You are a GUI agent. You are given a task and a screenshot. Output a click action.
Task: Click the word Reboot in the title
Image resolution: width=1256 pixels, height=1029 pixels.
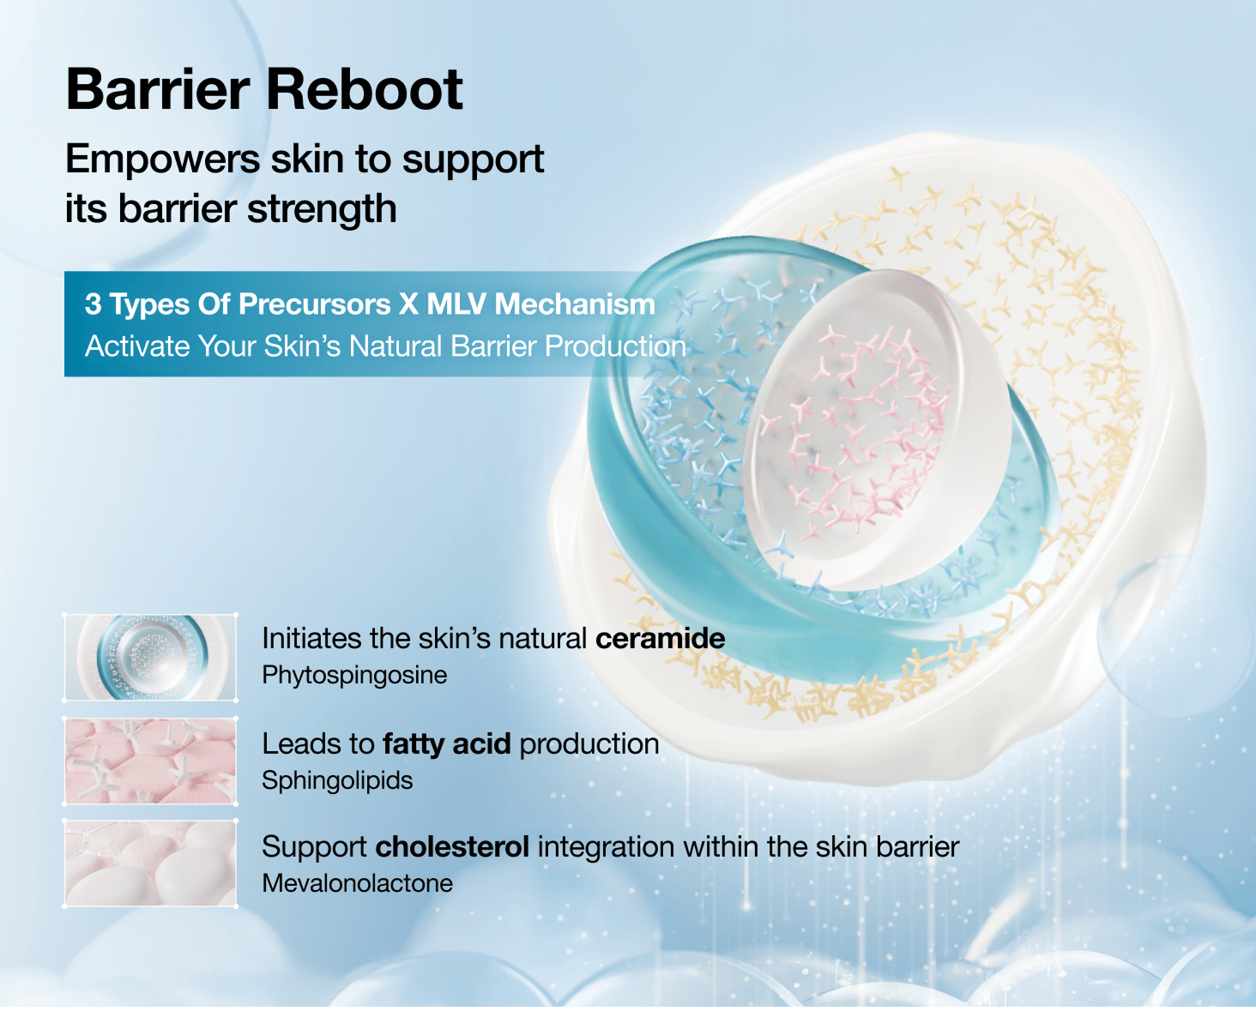pos(364,89)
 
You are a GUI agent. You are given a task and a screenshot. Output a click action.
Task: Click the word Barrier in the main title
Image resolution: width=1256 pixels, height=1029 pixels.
pos(158,89)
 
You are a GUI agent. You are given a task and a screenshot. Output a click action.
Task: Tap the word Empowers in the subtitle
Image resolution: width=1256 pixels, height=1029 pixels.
pos(163,160)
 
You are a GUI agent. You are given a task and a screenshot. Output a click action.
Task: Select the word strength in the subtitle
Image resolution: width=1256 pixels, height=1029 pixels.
pos(322,208)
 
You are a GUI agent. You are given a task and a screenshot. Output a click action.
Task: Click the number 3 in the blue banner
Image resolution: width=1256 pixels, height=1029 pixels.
pos(93,304)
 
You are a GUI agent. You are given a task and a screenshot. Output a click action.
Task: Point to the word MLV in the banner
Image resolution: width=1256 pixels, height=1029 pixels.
pos(456,304)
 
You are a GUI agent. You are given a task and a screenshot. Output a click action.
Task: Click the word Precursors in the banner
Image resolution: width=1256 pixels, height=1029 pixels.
pos(315,304)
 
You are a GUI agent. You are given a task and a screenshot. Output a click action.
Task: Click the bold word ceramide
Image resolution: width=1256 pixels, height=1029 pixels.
pos(660,639)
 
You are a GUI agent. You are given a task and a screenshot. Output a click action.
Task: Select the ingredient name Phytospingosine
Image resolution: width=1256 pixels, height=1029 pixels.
pos(354,676)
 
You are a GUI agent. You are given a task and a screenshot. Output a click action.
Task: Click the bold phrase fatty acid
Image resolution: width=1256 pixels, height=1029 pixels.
pos(447,744)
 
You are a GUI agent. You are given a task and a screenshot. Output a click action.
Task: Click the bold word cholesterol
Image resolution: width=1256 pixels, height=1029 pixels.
pos(453,847)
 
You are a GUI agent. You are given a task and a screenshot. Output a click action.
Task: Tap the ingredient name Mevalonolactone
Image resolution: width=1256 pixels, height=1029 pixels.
pos(358,884)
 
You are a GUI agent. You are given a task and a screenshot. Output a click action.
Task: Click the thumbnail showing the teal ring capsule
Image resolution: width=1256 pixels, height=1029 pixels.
pos(150,658)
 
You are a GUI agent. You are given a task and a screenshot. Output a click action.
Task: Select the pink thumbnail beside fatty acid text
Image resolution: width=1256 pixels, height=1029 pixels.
pos(150,761)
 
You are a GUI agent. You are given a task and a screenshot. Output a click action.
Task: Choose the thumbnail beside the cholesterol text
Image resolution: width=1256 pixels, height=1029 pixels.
pos(150,864)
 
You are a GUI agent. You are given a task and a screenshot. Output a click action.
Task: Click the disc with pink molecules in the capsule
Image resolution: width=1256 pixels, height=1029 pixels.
pos(875,431)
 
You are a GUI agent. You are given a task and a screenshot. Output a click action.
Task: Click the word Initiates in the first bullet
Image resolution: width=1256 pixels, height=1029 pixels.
pos(311,639)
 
